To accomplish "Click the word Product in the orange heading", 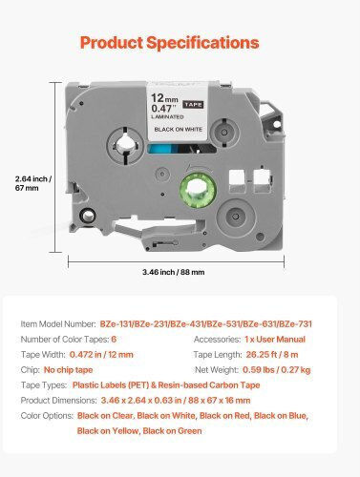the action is [x=112, y=43].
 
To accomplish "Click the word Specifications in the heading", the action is [x=202, y=43].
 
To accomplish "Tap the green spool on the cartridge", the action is [x=198, y=190].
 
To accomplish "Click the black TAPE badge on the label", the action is [x=193, y=104].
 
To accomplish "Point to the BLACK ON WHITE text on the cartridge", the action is [x=179, y=130].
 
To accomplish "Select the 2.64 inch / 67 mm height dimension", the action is [x=33, y=183].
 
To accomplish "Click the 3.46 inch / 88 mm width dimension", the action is [x=174, y=272].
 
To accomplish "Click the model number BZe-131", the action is [x=116, y=324].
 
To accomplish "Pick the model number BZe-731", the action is [x=296, y=324].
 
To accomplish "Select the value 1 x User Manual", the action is [x=275, y=340].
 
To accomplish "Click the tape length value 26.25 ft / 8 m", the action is [x=272, y=355].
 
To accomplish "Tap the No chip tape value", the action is [x=68, y=370].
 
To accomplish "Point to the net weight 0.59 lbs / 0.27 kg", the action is [x=277, y=370].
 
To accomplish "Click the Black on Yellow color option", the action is [x=108, y=431].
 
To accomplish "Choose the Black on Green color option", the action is [x=172, y=431].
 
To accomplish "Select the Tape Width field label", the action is [x=43, y=355].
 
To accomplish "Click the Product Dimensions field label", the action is [x=58, y=401].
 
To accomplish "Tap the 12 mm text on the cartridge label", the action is [x=164, y=97].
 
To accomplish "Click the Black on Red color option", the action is [x=224, y=416].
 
